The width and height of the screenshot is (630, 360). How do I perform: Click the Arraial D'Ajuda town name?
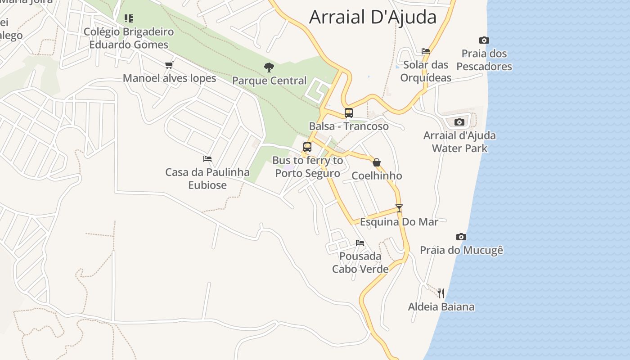[373, 17]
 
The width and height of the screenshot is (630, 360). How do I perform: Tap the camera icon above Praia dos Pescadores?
[484, 40]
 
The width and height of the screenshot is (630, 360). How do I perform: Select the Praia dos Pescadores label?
[484, 60]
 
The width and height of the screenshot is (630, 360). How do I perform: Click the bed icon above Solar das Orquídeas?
[426, 51]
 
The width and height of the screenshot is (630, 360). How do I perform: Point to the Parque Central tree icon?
[269, 68]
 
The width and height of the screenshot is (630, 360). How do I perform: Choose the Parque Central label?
[269, 81]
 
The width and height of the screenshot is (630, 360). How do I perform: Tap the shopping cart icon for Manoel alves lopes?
[169, 65]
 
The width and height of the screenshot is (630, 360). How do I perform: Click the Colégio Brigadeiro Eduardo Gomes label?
[129, 38]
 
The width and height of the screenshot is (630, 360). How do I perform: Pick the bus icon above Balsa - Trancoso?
[349, 113]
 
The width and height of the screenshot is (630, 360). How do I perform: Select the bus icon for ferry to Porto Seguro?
[307, 147]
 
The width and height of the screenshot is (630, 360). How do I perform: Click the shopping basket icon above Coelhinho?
[377, 162]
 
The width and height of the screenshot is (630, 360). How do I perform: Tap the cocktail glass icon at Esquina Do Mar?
[399, 208]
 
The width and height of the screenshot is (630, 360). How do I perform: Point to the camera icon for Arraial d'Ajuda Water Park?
[459, 122]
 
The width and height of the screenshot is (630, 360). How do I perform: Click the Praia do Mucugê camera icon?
[461, 237]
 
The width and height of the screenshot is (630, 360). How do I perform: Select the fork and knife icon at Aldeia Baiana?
[441, 293]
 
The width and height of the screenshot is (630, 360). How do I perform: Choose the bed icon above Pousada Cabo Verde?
[360, 243]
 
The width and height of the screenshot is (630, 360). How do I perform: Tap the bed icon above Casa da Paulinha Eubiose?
[207, 159]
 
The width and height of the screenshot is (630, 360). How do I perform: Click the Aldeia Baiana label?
[441, 307]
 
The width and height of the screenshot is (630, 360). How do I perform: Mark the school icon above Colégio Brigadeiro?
[129, 18]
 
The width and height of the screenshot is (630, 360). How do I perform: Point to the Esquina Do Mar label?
[399, 222]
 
